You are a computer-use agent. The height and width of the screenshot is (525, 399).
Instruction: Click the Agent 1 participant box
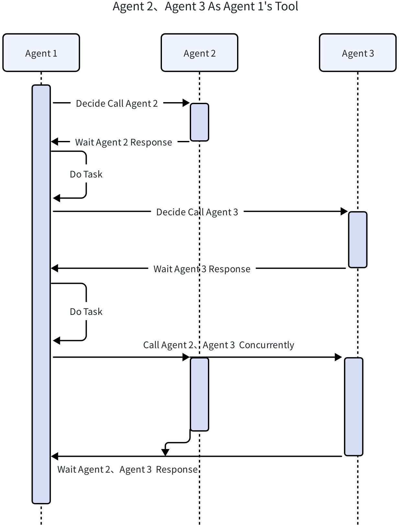[x=41, y=53]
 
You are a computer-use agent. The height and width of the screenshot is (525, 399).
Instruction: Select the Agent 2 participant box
[x=199, y=53]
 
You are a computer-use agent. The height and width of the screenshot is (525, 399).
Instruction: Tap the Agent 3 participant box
[x=358, y=53]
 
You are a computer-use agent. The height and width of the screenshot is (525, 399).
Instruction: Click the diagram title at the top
[x=205, y=7]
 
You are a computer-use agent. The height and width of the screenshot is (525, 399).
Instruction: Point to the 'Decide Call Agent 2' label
[x=117, y=103]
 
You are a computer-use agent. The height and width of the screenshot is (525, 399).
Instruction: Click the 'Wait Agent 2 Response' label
[x=124, y=142]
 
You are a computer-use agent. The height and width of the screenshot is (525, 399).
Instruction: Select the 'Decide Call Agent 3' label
[x=197, y=212]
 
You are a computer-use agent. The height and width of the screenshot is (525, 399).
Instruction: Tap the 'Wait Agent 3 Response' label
[x=202, y=269]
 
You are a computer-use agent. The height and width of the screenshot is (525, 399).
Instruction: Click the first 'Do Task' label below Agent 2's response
[x=86, y=174]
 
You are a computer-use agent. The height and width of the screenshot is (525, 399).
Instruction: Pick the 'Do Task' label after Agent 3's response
[x=86, y=312]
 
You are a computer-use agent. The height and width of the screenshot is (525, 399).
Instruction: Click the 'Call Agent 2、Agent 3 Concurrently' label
[x=219, y=345]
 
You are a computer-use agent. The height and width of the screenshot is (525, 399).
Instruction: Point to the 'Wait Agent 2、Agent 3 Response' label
[x=127, y=469]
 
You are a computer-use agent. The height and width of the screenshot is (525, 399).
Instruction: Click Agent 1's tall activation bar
[x=41, y=294]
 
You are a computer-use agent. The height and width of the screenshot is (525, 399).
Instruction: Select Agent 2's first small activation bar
[x=199, y=122]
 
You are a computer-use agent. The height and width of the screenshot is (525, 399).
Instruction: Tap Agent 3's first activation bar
[x=358, y=240]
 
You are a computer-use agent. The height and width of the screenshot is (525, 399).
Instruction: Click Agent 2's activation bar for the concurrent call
[x=199, y=394]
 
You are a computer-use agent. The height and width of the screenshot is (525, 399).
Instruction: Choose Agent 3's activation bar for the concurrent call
[x=354, y=407]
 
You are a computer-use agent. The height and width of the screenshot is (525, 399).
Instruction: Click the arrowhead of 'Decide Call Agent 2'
[x=186, y=103]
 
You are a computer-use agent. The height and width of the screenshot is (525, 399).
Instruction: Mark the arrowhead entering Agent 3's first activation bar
[x=345, y=212]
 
